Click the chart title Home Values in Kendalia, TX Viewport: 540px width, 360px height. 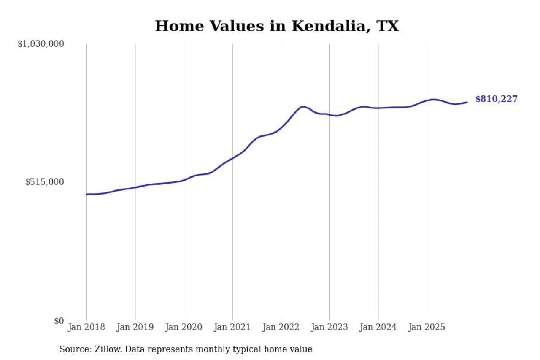(x=276, y=26)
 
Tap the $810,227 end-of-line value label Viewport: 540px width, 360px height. (x=496, y=99)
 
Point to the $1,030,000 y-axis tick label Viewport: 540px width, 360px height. (x=40, y=44)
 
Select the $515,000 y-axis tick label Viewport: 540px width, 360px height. (x=44, y=182)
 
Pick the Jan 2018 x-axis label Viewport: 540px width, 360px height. (x=86, y=327)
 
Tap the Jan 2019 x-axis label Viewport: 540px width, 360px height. (x=135, y=327)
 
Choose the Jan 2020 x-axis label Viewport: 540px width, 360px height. (x=184, y=327)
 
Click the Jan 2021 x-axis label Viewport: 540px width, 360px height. (x=232, y=327)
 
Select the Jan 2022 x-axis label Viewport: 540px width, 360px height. (x=281, y=327)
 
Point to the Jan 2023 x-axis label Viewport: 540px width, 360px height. (x=329, y=327)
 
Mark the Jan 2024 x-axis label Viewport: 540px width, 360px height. (x=378, y=327)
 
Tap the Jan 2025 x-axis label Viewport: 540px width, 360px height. (x=427, y=327)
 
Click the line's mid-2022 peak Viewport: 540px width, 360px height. (x=303, y=107)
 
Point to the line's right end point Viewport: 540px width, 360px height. (x=467, y=102)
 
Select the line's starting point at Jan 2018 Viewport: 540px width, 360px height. (x=87, y=194)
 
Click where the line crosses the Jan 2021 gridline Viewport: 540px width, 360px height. (x=232, y=159)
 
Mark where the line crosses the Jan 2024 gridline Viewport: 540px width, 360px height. (x=378, y=108)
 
